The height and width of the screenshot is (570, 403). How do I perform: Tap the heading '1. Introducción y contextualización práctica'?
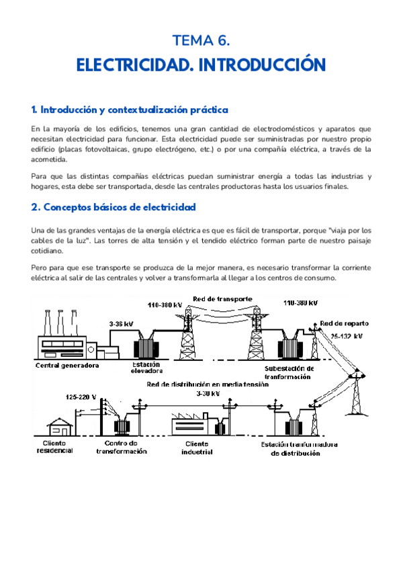pos(130,109)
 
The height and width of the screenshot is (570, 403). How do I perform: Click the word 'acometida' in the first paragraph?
pos(49,160)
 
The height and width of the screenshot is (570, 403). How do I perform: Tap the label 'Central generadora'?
pos(67,366)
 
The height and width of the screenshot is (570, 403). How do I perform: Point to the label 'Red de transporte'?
pos(222,298)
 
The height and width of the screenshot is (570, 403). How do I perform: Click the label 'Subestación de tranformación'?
pos(289,372)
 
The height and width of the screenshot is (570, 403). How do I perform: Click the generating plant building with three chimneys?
pos(62,336)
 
